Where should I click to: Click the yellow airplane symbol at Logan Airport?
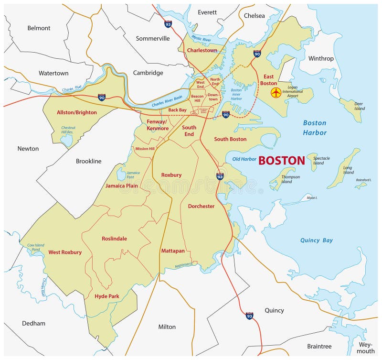(x=276, y=92)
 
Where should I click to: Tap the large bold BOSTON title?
(x=281, y=161)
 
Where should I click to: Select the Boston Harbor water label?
(x=315, y=128)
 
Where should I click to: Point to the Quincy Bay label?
(x=316, y=240)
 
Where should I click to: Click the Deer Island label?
(x=359, y=106)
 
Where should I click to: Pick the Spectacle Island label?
(x=321, y=161)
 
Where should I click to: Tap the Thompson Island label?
(x=290, y=179)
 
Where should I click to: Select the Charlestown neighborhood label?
(x=202, y=50)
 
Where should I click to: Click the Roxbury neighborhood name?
(x=171, y=175)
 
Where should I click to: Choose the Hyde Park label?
(x=107, y=296)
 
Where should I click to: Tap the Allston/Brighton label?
(x=76, y=113)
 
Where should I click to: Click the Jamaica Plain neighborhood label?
(x=122, y=185)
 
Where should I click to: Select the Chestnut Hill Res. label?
(x=68, y=130)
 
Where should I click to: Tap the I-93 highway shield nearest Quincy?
(x=249, y=316)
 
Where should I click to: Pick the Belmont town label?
(x=39, y=28)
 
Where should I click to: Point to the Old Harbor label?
(x=244, y=159)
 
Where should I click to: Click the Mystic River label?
(x=202, y=38)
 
